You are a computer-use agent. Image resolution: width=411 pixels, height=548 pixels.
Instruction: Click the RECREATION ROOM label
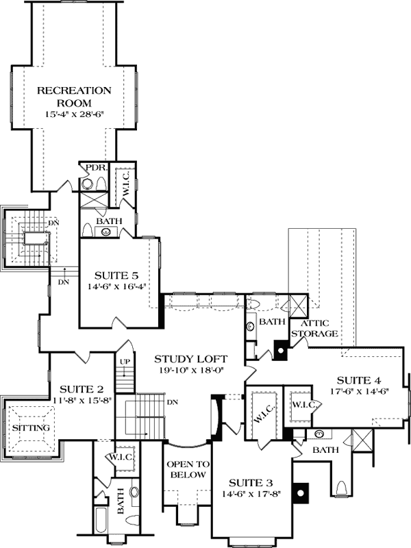(x=84, y=96)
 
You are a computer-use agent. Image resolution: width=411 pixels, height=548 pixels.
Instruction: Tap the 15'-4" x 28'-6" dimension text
(x=84, y=112)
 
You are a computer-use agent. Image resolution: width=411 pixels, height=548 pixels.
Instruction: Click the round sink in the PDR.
(x=86, y=184)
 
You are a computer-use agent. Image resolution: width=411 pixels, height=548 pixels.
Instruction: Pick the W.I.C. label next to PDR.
(x=124, y=183)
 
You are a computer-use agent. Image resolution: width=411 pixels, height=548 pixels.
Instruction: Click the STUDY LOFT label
(x=190, y=359)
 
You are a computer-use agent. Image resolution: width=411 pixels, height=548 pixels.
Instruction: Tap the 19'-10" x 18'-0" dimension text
(x=190, y=371)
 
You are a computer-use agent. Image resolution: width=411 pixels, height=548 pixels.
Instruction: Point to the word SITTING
(x=31, y=428)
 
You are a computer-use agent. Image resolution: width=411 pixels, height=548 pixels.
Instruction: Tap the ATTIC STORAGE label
(x=314, y=328)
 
